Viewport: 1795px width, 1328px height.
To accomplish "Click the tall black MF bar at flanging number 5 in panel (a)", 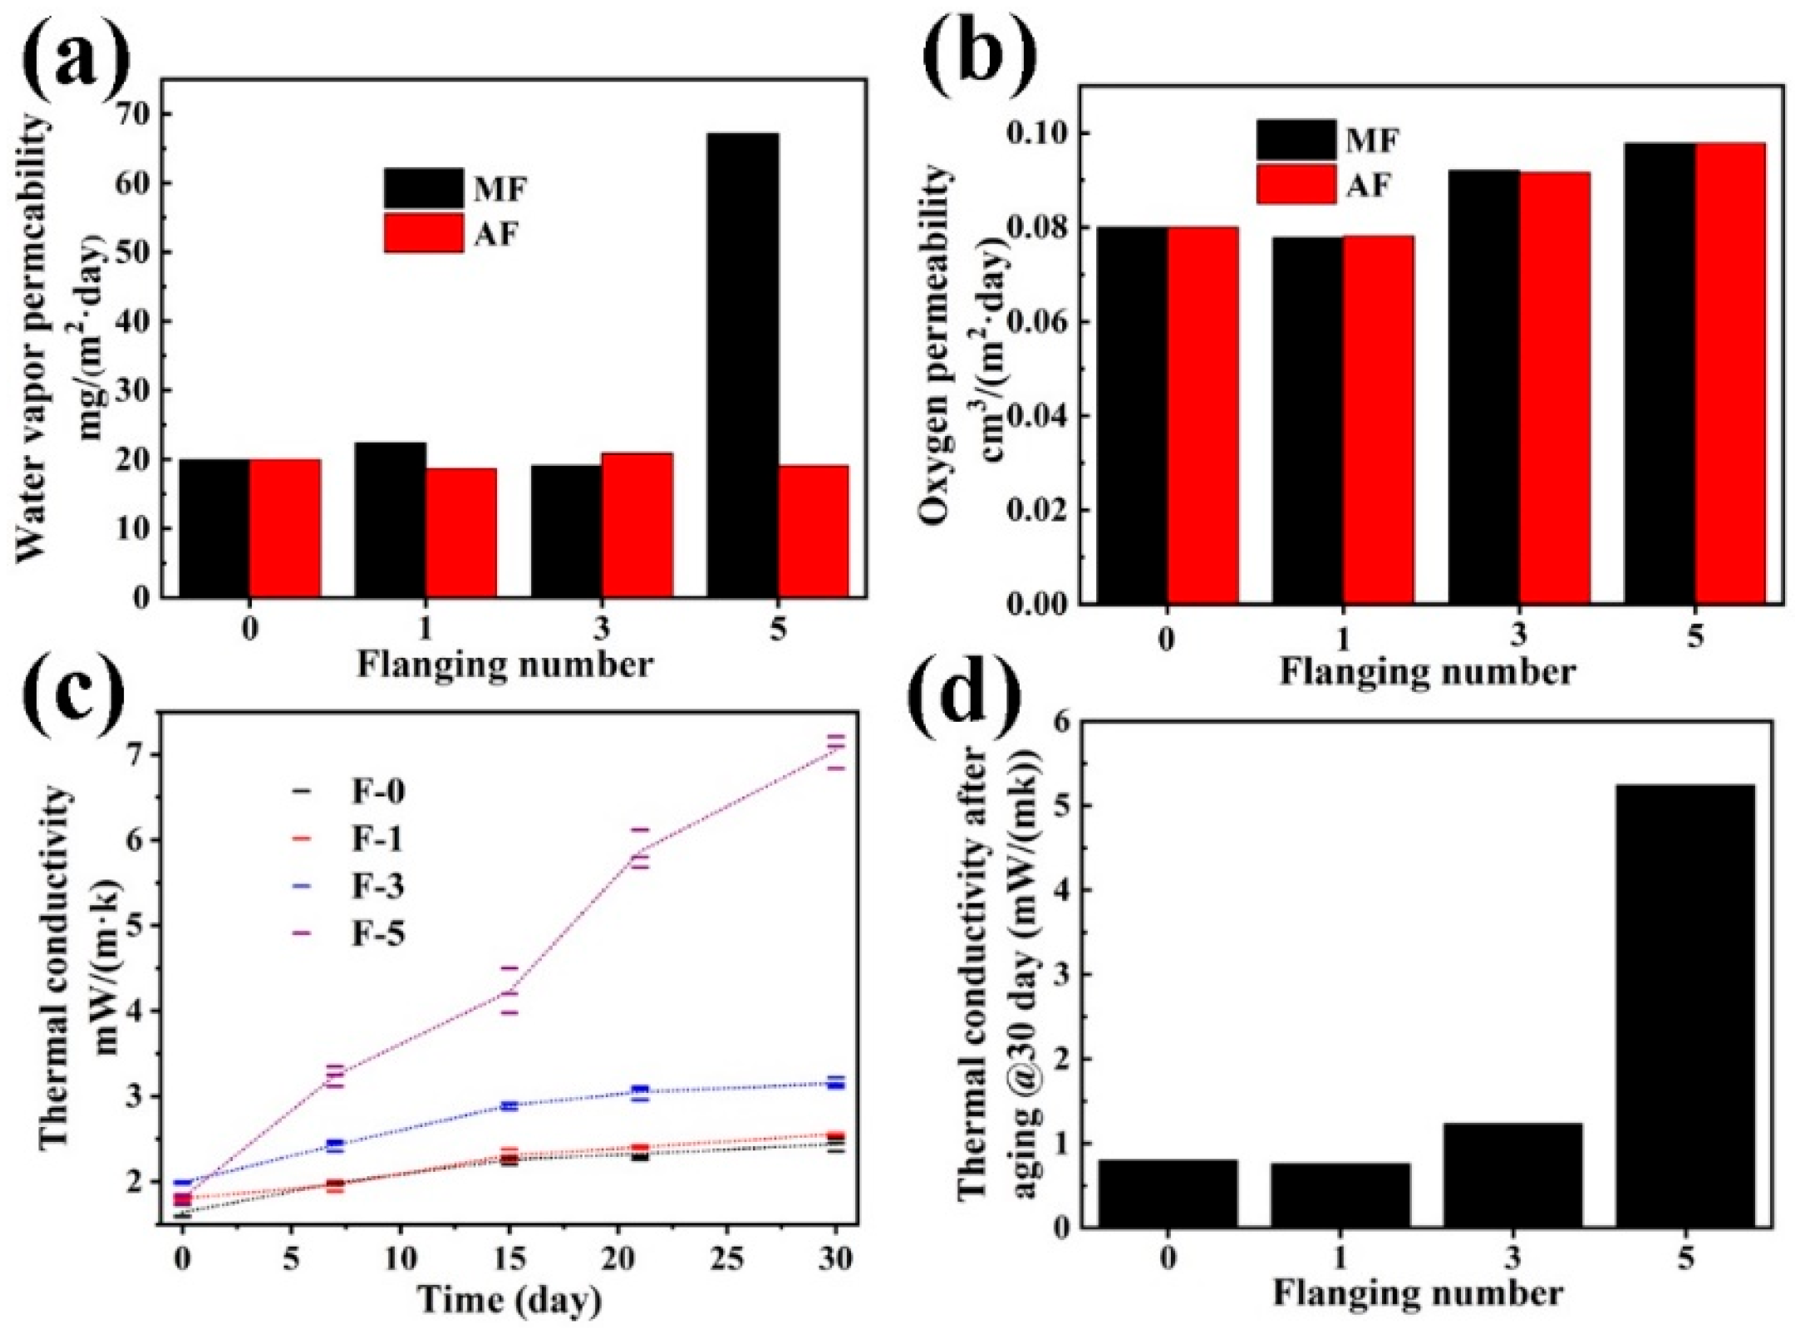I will pos(742,365).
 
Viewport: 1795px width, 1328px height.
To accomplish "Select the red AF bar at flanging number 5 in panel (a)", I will pos(814,532).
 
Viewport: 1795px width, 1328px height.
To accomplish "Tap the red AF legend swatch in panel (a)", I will pos(423,233).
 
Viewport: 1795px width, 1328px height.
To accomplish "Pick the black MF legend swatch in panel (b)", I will pos(1296,140).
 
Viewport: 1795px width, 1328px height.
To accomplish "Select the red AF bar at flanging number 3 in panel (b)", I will pos(1555,387).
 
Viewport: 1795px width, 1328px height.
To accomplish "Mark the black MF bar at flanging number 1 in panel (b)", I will pos(1307,419).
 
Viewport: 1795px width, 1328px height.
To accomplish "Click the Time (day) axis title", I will pos(509,1299).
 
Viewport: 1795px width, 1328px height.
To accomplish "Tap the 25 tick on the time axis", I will pos(727,1259).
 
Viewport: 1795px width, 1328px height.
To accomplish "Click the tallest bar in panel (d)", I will pos(1684,1005).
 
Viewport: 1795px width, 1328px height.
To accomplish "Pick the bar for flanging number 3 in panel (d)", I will pos(1512,1174).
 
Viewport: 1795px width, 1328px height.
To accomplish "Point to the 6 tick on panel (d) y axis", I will pos(1062,721).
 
